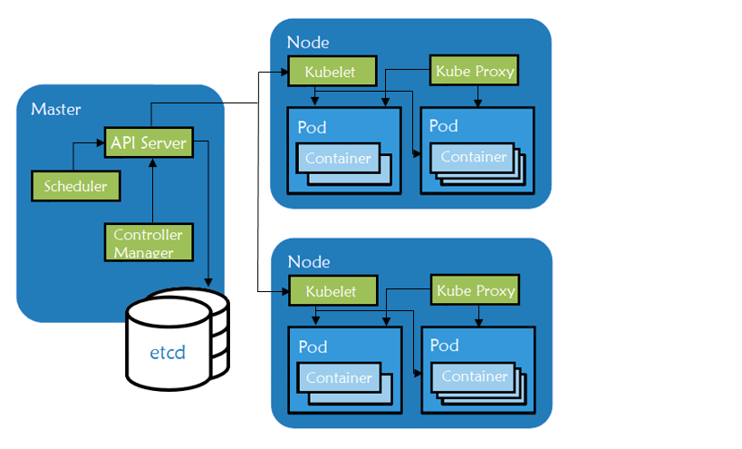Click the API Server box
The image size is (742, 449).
tap(149, 142)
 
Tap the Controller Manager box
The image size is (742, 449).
tap(149, 242)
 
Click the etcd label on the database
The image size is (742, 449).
tap(168, 351)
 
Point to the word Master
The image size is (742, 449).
tap(56, 110)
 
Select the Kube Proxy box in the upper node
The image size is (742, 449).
tap(475, 71)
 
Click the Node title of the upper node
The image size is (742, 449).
tap(308, 42)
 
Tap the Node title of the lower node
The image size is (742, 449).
tap(308, 261)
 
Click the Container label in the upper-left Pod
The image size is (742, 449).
tap(338, 158)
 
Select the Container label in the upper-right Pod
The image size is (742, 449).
tap(474, 156)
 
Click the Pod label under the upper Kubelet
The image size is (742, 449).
tap(313, 127)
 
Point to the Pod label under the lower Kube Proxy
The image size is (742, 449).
tap(444, 346)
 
